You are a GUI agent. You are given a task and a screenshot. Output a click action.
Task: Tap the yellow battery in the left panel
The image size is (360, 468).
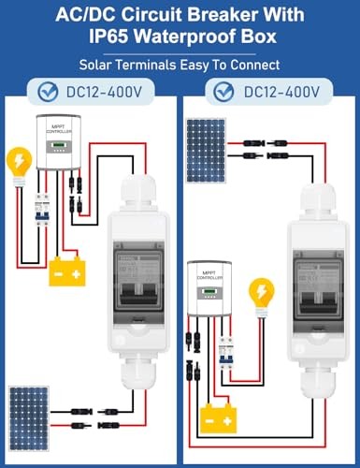pyautogui.click(x=69, y=271)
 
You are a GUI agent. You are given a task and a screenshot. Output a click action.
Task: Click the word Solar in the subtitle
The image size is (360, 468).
pyautogui.click(x=100, y=66)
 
